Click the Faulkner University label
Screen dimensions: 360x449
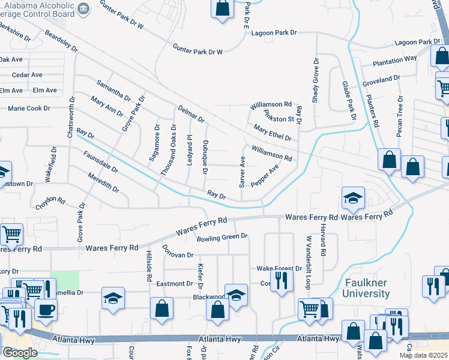tap(366, 288)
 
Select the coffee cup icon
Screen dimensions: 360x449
tap(46, 309)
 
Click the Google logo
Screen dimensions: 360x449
tap(20, 353)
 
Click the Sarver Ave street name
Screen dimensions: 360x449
tap(243, 172)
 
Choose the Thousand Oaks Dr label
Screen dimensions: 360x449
tap(169, 150)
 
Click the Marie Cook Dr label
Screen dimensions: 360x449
tap(29, 109)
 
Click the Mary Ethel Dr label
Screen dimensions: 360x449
tap(272, 133)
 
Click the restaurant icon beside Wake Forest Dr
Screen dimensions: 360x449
tap(281, 280)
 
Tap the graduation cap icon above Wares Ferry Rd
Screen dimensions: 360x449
tap(353, 197)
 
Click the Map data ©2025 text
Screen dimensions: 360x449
tap(423, 355)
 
